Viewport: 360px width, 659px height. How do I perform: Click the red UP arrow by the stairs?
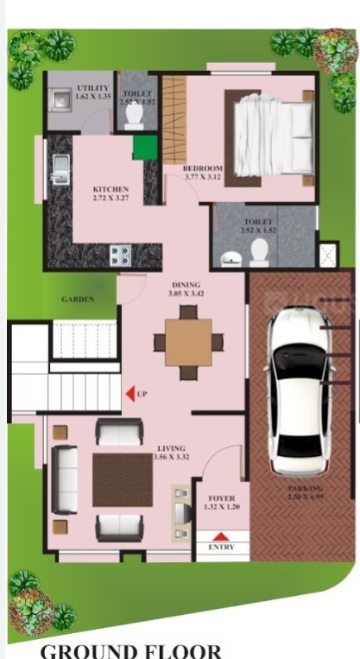pos(130,395)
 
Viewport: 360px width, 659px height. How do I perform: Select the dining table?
pos(188,341)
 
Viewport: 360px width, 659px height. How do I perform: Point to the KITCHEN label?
pos(111,190)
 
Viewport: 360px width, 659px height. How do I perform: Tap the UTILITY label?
pos(92,89)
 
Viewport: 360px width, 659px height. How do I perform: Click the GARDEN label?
pos(78,300)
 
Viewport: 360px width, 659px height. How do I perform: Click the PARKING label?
pos(306,490)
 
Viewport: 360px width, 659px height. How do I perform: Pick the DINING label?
pos(186,286)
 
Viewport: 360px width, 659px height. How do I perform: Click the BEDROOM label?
pos(204,168)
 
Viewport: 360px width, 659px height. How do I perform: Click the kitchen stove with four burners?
pos(120,255)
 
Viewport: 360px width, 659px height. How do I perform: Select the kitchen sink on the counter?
pos(60,169)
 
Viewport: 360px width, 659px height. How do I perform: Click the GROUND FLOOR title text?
pos(130,650)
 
